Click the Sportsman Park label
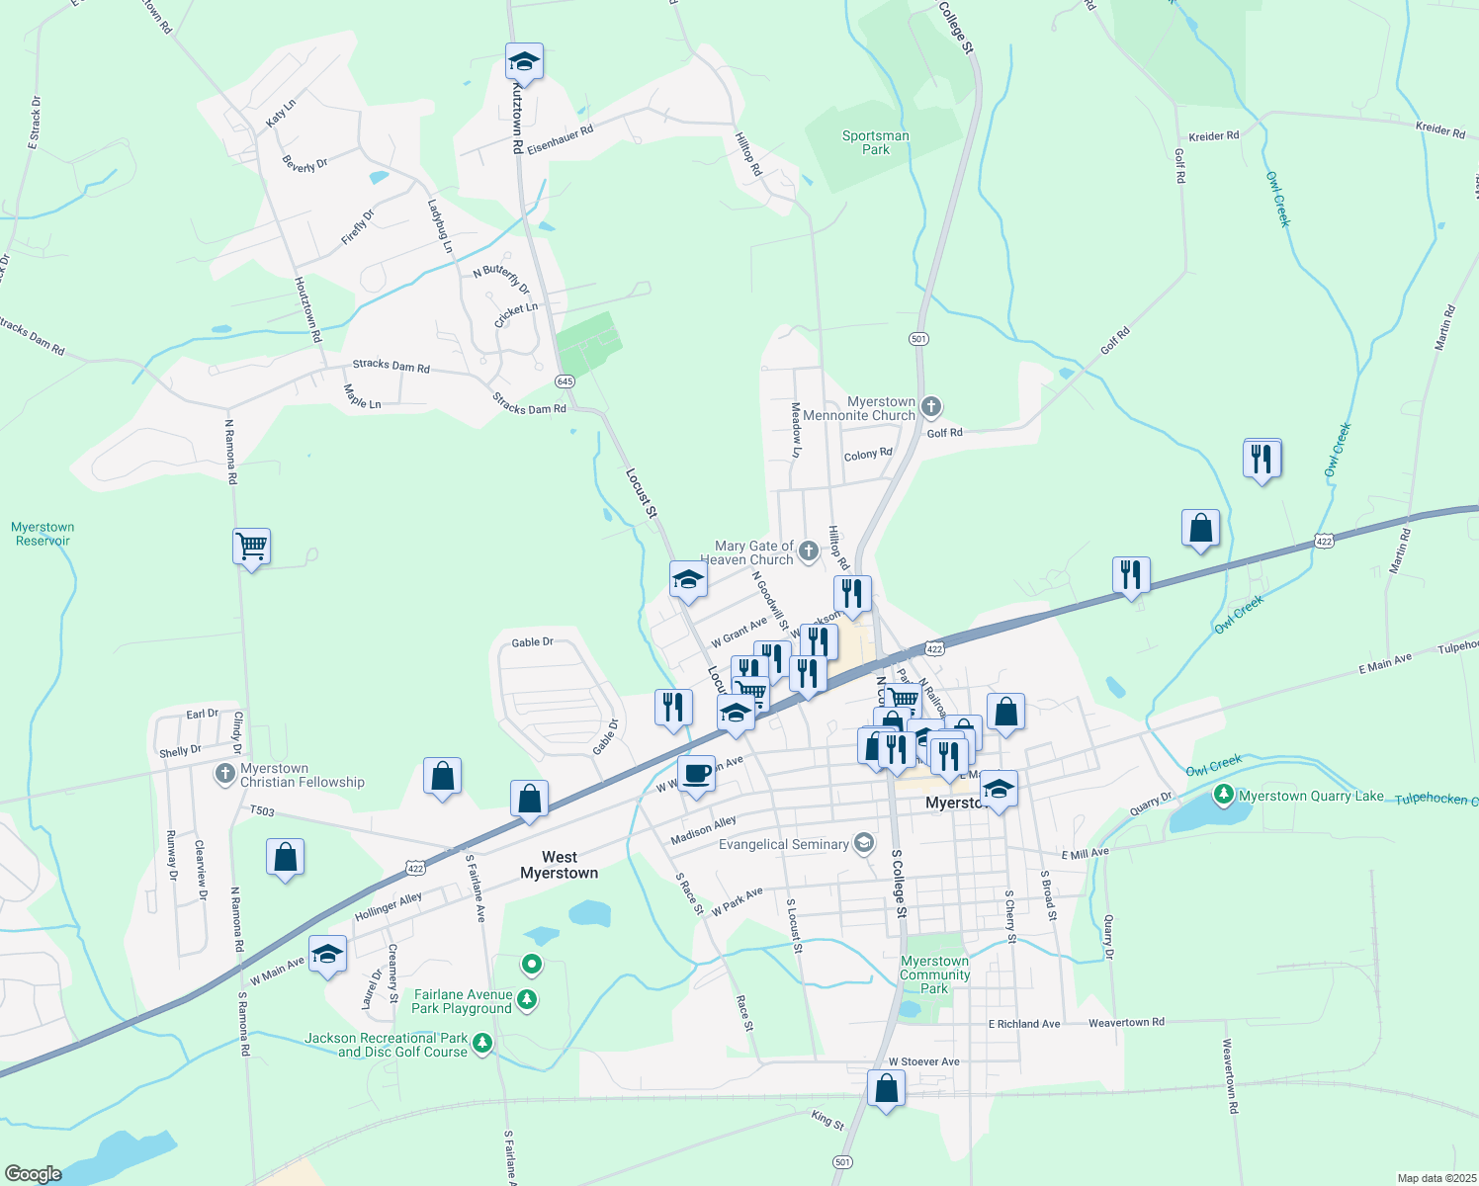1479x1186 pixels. tap(875, 143)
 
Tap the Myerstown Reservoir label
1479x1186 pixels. tap(43, 534)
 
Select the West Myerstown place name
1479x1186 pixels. tap(559, 865)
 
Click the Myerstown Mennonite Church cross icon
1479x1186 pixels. tap(930, 406)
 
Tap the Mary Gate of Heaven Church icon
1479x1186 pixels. tap(809, 551)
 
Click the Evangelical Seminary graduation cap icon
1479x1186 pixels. tap(864, 843)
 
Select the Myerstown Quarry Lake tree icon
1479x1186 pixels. tap(1224, 795)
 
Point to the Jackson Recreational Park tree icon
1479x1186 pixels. tap(482, 1043)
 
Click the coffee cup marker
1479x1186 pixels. tap(696, 773)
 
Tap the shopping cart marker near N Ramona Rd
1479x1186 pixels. tap(252, 546)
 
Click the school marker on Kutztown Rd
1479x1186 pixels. tap(524, 62)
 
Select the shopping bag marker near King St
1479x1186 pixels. tap(887, 1088)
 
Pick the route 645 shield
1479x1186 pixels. tap(565, 381)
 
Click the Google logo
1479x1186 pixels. tap(34, 1174)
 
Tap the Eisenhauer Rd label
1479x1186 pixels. tap(560, 139)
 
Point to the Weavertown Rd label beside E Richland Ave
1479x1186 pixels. tap(1126, 1023)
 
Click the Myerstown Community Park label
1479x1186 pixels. tap(934, 974)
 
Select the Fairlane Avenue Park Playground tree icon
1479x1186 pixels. tap(528, 1000)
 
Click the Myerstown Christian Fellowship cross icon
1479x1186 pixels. tap(225, 772)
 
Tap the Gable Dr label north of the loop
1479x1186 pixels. tap(532, 642)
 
